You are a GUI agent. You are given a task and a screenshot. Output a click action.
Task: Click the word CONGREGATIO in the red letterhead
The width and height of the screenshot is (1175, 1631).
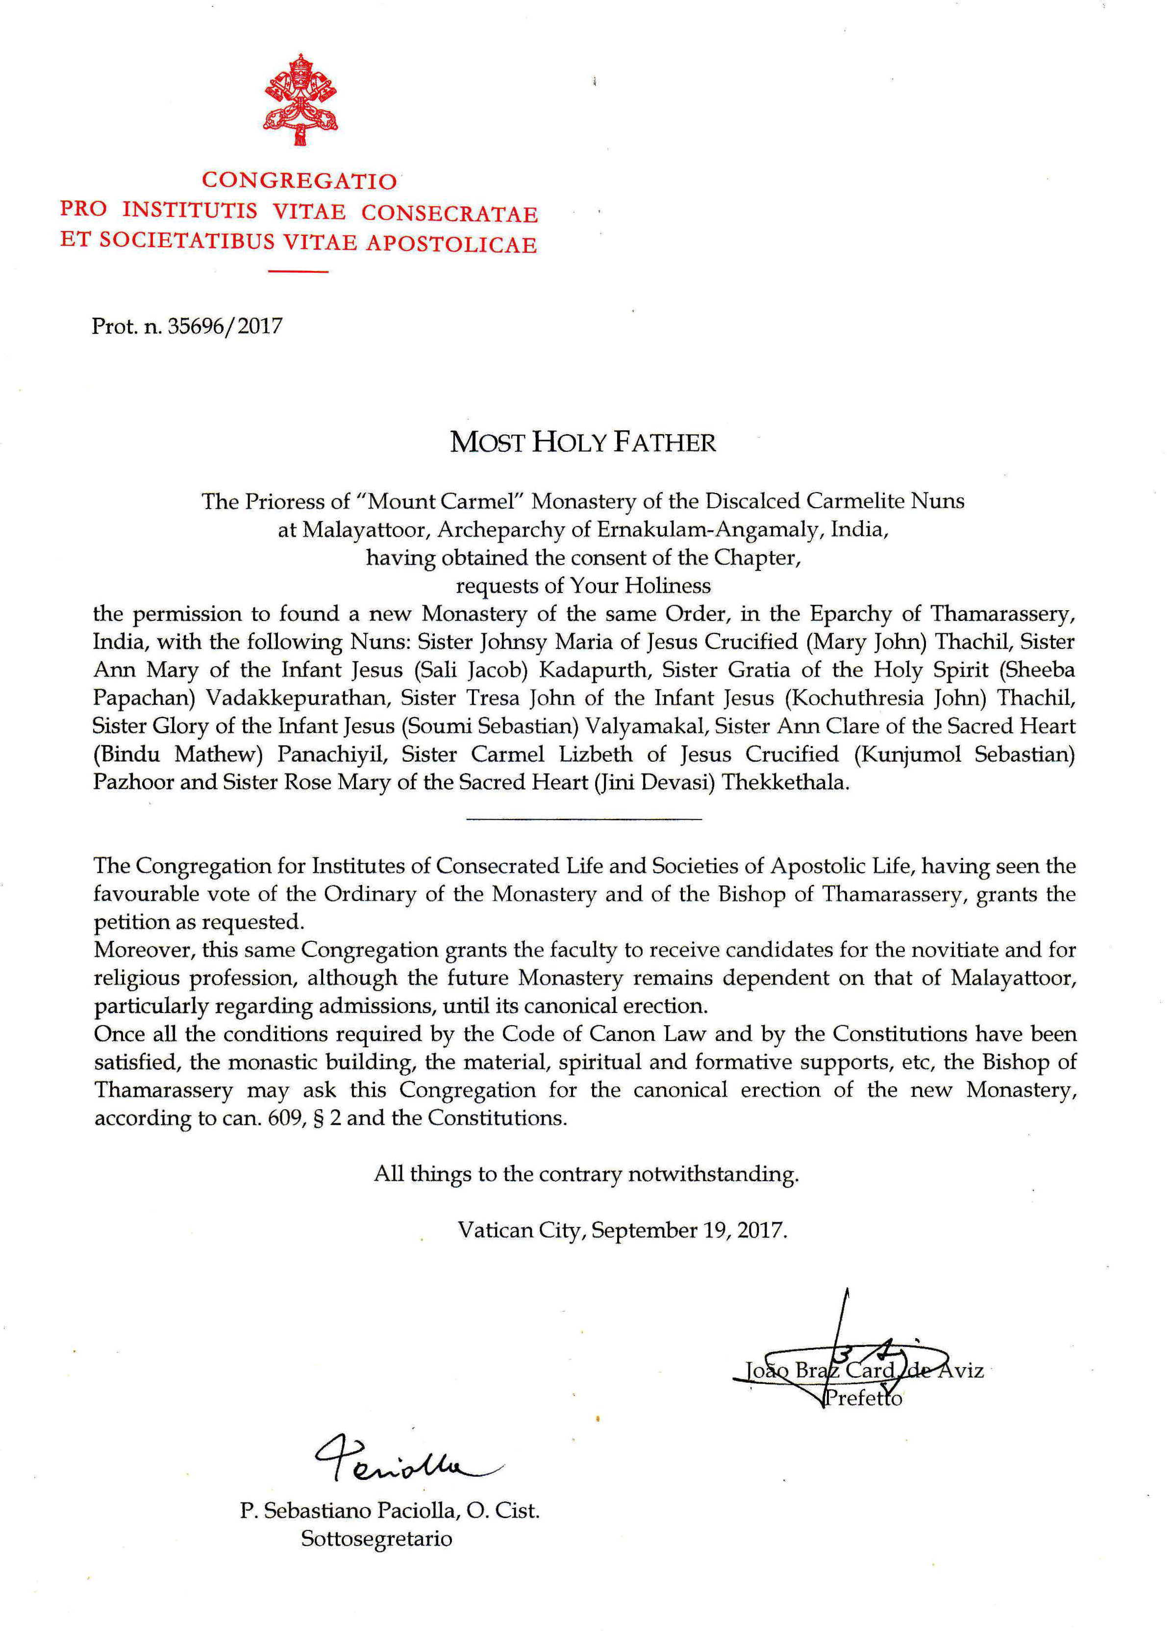[x=299, y=180]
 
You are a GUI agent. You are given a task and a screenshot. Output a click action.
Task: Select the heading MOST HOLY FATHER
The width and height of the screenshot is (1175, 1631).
[x=583, y=442]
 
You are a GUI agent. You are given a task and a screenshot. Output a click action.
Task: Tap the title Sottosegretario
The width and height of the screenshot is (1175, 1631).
[x=376, y=1539]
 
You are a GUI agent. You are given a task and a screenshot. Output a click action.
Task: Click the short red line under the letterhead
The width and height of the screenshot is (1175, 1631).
[x=298, y=272]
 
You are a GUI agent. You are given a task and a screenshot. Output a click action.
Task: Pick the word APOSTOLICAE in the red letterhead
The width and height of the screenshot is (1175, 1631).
[x=451, y=244]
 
